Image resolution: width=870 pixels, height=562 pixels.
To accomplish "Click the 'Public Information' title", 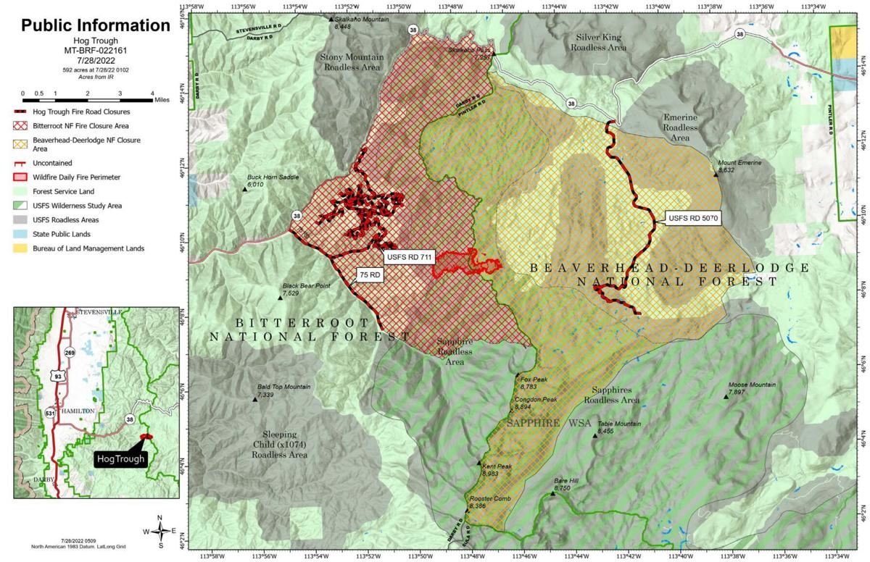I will click(95, 25).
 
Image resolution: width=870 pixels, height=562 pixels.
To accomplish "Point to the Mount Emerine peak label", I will click(739, 163).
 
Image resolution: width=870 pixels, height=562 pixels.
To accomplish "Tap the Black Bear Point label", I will click(306, 286).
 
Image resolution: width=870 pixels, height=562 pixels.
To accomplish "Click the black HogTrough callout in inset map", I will click(120, 458).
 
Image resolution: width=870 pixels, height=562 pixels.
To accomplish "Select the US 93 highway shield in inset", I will click(56, 376).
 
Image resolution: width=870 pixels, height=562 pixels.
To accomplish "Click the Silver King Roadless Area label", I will click(598, 42).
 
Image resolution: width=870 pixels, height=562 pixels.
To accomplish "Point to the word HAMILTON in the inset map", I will click(78, 411).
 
